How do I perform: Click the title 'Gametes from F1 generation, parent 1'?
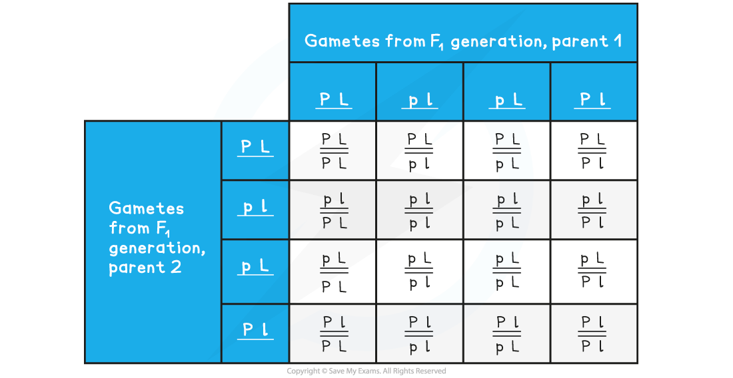(x=463, y=41)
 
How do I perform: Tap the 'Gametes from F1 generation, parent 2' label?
(x=157, y=238)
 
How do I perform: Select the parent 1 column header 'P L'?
(x=333, y=99)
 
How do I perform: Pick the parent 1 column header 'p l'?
(x=420, y=99)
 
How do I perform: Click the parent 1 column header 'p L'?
(x=507, y=99)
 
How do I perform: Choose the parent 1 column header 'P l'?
(x=592, y=99)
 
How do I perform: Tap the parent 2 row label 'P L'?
(x=255, y=148)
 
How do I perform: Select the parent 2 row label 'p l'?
(x=255, y=207)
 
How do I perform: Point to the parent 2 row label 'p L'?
(x=255, y=266)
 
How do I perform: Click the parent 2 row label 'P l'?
(x=255, y=330)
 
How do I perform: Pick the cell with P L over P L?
(x=333, y=150)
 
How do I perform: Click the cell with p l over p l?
(x=420, y=210)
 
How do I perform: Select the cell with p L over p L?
(x=507, y=272)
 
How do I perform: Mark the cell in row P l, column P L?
(x=333, y=333)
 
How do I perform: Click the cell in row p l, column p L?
(x=507, y=210)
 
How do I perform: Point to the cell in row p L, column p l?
(x=420, y=272)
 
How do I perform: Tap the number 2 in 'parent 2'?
(x=176, y=268)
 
